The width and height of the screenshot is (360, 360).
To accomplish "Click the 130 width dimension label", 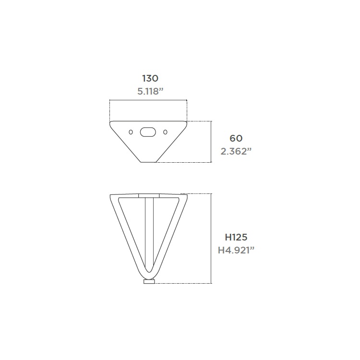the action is pos(150,78).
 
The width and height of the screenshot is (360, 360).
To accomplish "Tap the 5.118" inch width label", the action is pos(150,91).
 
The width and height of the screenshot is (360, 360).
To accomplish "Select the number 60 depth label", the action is pos(236,138).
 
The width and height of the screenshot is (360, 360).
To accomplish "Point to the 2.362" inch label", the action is pos(236,151).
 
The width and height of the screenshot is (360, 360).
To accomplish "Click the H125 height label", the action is pos(236,237).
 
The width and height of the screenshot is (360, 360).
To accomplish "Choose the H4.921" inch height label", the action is pos(236,250).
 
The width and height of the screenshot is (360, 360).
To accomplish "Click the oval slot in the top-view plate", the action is pos(148,132).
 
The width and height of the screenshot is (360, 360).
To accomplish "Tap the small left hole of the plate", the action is pos(131,132).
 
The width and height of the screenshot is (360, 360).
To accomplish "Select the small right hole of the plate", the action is pos(165,132).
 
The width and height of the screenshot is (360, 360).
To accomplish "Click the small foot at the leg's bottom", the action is pos(149,281).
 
